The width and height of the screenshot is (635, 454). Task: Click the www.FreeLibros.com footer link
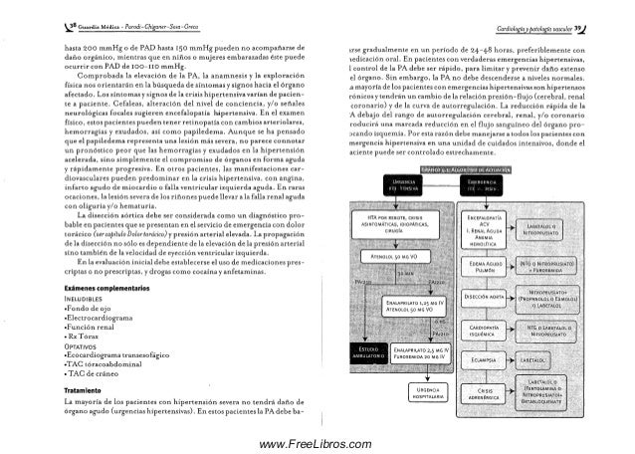point(316,443)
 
